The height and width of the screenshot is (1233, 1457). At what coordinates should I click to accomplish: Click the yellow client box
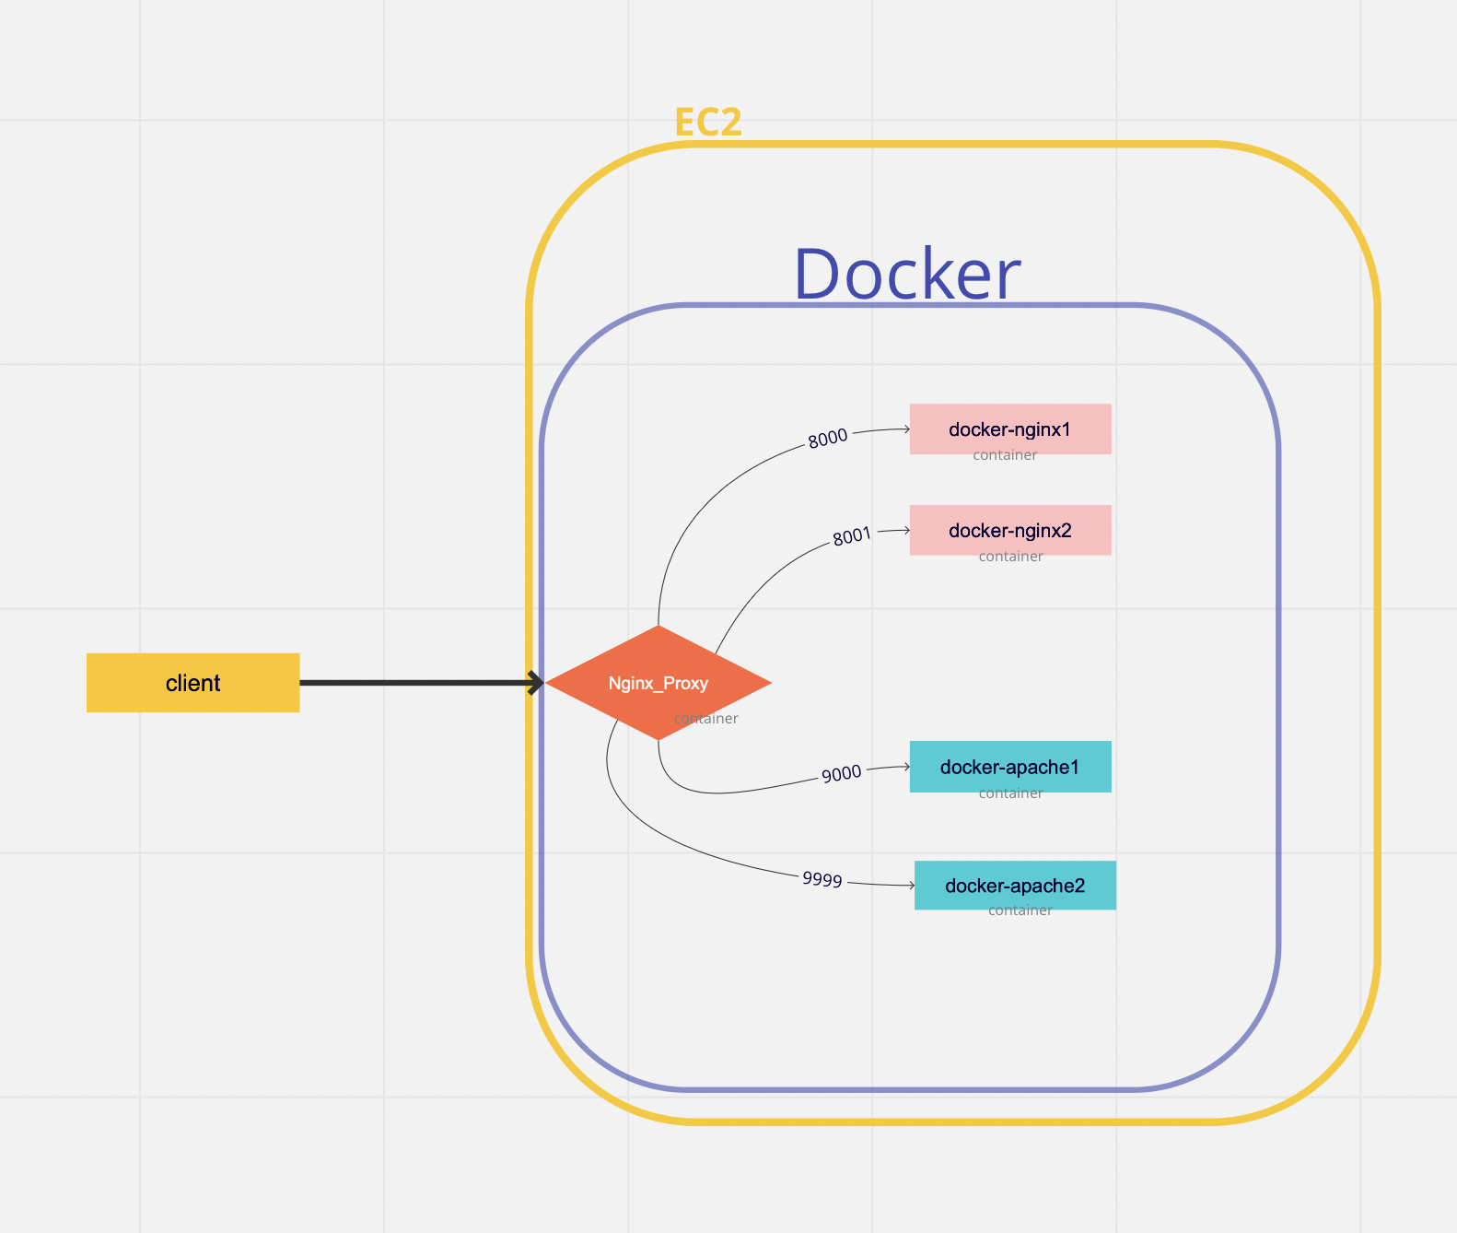click(x=192, y=683)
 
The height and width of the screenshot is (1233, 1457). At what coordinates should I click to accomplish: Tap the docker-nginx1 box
click(x=1010, y=429)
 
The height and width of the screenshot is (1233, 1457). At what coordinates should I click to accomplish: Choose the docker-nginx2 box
click(x=1010, y=530)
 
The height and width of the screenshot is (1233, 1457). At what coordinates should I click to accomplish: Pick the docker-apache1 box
click(x=1010, y=766)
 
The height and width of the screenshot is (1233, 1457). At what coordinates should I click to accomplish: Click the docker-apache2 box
click(x=1015, y=885)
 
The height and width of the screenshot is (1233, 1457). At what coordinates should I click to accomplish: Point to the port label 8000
click(x=827, y=439)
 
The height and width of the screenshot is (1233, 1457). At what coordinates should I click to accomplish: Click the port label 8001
click(x=851, y=536)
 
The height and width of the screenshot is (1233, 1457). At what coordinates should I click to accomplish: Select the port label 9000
click(x=841, y=773)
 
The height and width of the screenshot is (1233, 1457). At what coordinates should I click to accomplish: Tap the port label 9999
click(x=822, y=879)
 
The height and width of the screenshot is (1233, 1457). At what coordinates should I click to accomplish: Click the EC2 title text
click(x=707, y=123)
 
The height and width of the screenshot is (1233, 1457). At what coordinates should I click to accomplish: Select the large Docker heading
click(x=906, y=275)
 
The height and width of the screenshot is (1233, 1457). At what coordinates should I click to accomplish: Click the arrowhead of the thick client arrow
click(x=536, y=683)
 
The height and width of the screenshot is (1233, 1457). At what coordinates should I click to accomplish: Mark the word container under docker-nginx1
click(x=1005, y=455)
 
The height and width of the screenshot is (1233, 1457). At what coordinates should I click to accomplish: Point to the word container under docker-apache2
click(x=1020, y=910)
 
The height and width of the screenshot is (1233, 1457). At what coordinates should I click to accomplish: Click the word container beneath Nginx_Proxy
click(x=706, y=719)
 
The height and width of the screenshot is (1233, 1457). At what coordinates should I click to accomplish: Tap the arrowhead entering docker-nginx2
click(x=906, y=530)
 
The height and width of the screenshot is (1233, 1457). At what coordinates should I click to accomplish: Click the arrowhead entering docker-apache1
click(x=906, y=766)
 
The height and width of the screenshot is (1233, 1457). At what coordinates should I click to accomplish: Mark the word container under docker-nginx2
click(x=1010, y=557)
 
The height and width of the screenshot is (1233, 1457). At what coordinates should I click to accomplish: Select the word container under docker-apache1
click(x=1010, y=793)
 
